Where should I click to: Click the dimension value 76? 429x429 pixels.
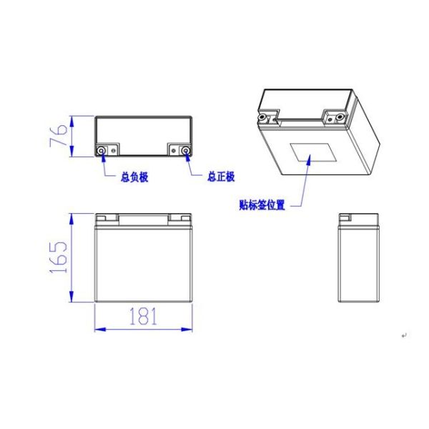tap(61, 134)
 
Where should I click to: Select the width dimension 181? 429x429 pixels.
tap(143, 317)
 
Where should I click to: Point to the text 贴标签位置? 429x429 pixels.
tap(262, 205)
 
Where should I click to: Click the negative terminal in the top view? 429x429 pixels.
tap(102, 150)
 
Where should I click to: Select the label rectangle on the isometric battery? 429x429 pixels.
tap(312, 155)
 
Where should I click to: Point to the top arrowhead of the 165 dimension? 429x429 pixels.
tap(71, 216)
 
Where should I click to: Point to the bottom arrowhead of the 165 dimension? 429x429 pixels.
tap(71, 300)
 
